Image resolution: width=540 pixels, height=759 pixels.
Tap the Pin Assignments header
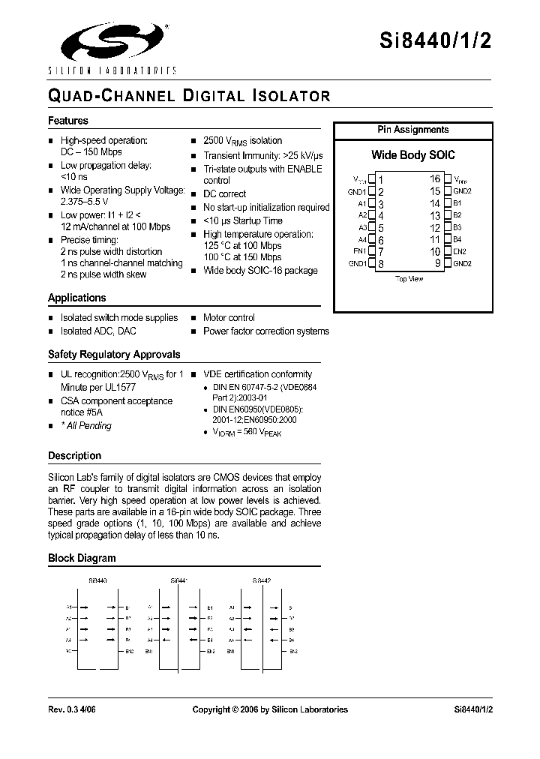412,130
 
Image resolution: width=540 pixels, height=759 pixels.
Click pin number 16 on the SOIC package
435,179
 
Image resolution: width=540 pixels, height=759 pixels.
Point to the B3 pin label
457,227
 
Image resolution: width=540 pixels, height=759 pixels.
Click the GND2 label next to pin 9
462,263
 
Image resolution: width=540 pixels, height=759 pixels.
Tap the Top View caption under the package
409,279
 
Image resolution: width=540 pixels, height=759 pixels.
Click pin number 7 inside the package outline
381,252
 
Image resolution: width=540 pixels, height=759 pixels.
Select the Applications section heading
77,298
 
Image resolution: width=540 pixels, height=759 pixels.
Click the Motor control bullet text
229,318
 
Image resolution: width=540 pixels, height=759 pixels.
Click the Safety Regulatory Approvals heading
114,354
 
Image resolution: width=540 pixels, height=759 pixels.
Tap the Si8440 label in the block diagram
97,580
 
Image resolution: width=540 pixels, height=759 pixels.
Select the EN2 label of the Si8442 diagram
293,651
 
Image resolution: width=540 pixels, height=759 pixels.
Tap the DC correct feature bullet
224,193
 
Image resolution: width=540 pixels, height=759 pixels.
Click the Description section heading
74,456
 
